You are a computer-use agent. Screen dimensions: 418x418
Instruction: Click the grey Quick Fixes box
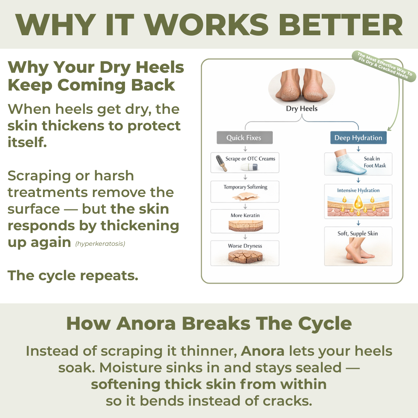[x=244, y=138]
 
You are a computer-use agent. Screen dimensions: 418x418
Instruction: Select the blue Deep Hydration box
[x=358, y=138]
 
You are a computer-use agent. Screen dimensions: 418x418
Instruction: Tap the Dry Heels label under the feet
[x=302, y=109]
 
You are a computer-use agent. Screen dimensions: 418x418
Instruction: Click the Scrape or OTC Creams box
[x=245, y=163]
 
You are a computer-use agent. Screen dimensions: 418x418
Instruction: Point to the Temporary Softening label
[x=245, y=187]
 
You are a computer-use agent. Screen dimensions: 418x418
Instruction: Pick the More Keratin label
[x=245, y=215]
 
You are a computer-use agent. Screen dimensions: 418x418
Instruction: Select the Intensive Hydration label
[x=358, y=190]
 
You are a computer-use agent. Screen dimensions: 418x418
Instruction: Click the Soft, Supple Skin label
[x=358, y=233]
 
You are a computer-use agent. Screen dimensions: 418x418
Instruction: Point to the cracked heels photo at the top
[x=302, y=86]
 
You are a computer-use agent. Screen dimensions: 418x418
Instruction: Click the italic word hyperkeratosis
[x=100, y=244]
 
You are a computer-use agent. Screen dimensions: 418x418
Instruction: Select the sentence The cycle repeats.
[x=73, y=276]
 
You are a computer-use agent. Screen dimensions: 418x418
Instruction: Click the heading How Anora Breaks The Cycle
[x=209, y=324]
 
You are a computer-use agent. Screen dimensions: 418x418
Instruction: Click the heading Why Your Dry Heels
[x=96, y=67]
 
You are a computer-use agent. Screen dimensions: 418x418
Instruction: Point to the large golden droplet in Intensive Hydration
[x=358, y=202]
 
